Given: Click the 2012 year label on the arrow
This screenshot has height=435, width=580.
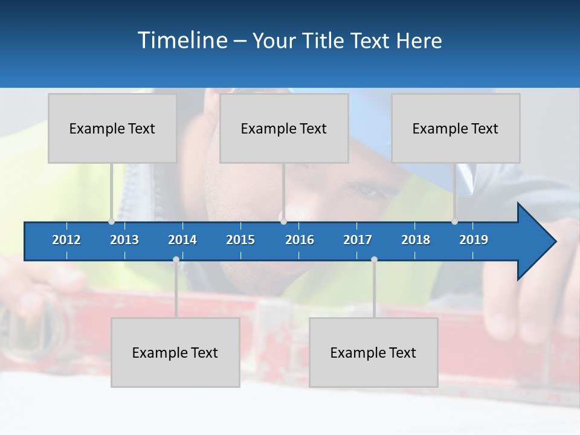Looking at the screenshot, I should coord(66,240).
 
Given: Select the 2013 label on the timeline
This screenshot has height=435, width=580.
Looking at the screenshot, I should coord(124,240).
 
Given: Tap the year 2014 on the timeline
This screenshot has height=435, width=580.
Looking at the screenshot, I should coord(182,240).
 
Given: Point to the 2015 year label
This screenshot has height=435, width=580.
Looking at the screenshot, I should coord(240,240).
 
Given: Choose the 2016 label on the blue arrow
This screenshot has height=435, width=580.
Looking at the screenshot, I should coord(300,240).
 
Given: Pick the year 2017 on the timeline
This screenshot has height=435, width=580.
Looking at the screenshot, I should coord(358,240).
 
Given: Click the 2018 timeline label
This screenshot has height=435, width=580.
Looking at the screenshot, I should coord(416,240).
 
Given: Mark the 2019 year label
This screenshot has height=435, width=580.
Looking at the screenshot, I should coord(474,240).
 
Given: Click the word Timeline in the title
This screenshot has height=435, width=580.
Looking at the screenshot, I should coord(181,40).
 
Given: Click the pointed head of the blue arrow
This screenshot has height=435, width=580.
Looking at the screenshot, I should coord(541,242).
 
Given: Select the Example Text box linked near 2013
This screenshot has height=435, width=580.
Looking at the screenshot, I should coord(112,128).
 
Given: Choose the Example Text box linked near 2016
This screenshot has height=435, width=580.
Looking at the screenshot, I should coord(284,128).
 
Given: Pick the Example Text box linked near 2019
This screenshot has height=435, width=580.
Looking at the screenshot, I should coord(456,128).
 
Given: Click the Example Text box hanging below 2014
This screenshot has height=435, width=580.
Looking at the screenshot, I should coord(175,352).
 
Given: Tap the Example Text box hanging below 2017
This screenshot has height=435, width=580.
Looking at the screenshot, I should coord(373,352).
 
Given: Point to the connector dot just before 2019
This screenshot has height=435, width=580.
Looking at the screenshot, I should coord(454,221).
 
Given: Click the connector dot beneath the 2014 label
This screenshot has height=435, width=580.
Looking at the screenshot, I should coord(176,260).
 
